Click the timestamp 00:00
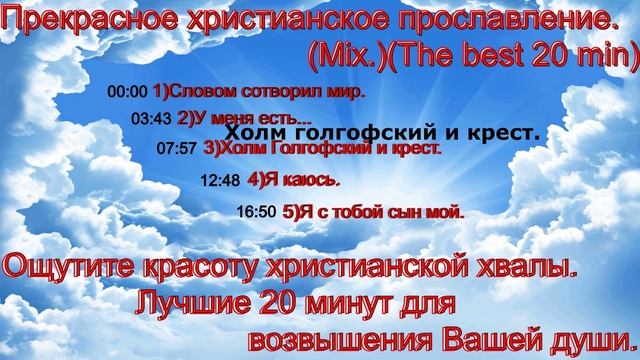click(126, 91)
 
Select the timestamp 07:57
click(178, 149)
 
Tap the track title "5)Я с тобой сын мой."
click(374, 212)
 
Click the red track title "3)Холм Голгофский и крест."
click(322, 149)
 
